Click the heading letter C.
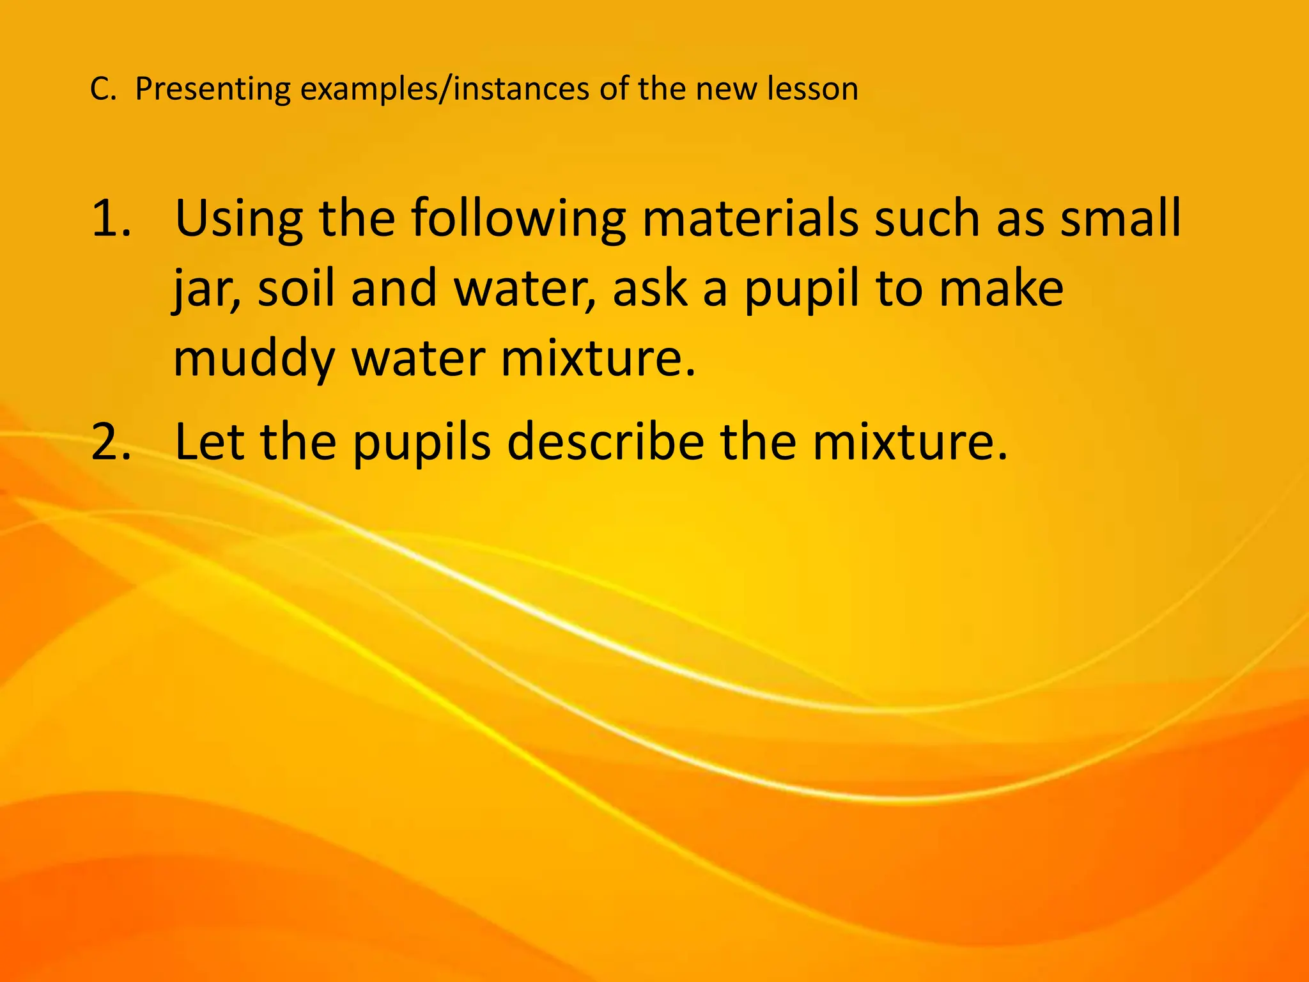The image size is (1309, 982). pos(100,89)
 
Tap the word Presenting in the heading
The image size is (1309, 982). pos(213,89)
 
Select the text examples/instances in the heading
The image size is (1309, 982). pos(445,89)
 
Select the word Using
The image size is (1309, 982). pos(238,219)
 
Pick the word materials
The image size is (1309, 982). pos(750,218)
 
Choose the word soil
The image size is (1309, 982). pos(295,288)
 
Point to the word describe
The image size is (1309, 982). pos(606,442)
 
